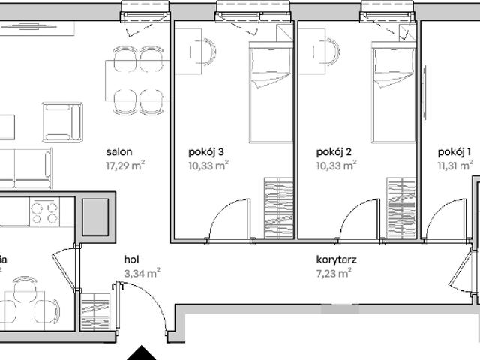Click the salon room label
point(120,152)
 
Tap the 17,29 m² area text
point(125,166)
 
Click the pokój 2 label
point(334,152)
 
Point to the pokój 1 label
point(455,152)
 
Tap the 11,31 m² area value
point(456,166)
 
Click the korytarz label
point(336,260)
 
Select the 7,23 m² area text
point(334,274)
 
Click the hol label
point(132,260)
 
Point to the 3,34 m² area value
point(142,274)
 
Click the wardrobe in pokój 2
point(402,208)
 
